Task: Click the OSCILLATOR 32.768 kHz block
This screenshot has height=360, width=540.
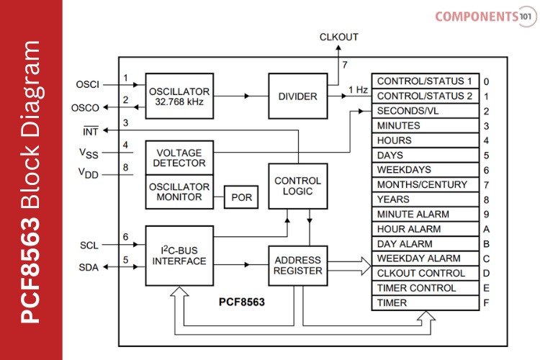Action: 179,96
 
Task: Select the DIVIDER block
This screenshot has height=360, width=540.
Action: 297,96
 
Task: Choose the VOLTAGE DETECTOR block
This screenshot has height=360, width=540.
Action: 179,157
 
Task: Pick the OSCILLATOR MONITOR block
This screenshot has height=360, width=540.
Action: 179,191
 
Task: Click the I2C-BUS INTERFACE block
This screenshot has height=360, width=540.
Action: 179,255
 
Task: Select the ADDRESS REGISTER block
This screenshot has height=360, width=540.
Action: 297,265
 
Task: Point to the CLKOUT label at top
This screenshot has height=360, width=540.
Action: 338,37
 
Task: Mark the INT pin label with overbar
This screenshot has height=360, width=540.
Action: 91,130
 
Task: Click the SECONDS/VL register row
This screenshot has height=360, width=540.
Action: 425,111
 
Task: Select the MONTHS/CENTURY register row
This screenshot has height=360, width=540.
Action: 425,184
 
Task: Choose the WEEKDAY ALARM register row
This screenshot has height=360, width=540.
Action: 425,258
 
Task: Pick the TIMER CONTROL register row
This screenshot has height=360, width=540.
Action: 425,288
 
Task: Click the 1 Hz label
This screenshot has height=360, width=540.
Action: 359,89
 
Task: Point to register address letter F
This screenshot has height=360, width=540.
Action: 487,303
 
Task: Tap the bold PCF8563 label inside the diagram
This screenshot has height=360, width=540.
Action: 241,302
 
